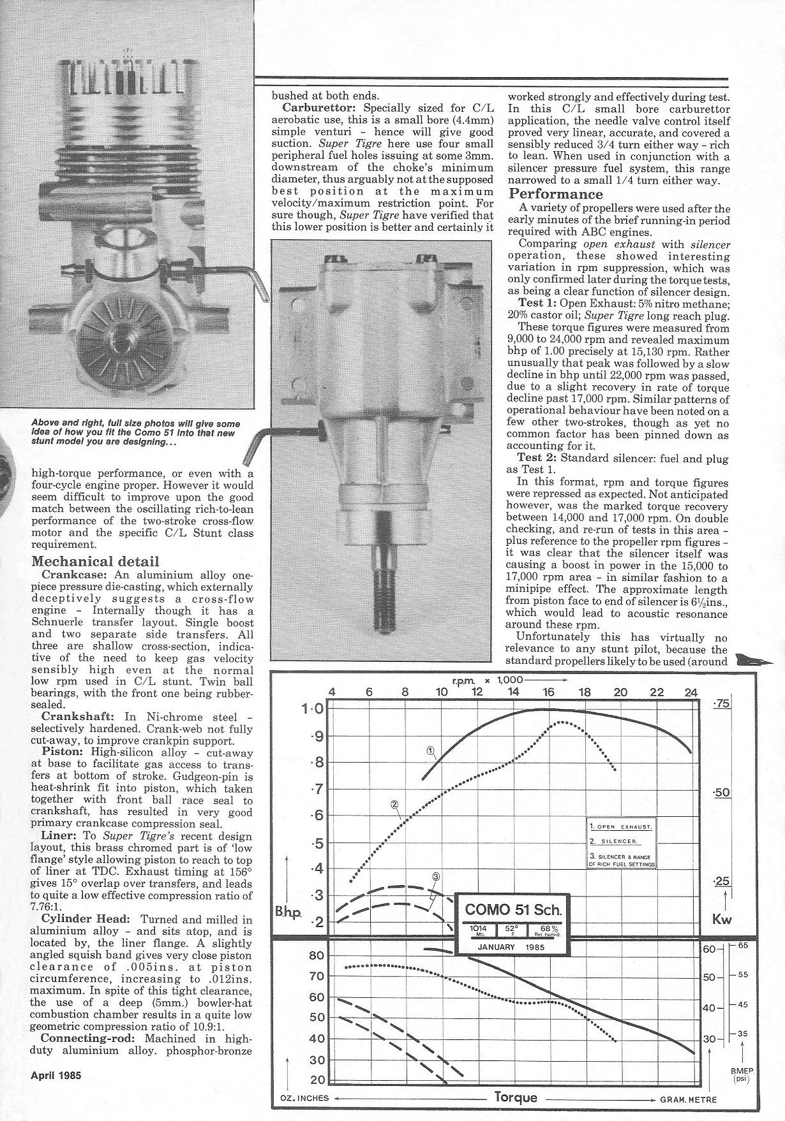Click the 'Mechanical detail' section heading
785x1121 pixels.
[x=95, y=562]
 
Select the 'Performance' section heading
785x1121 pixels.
[x=555, y=194]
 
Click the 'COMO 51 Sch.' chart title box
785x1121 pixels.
[x=514, y=908]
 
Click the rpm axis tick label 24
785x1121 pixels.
[x=691, y=692]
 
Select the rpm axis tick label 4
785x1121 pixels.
[x=332, y=692]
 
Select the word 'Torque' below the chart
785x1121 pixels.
[x=516, y=1097]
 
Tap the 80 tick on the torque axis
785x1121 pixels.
[x=317, y=955]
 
